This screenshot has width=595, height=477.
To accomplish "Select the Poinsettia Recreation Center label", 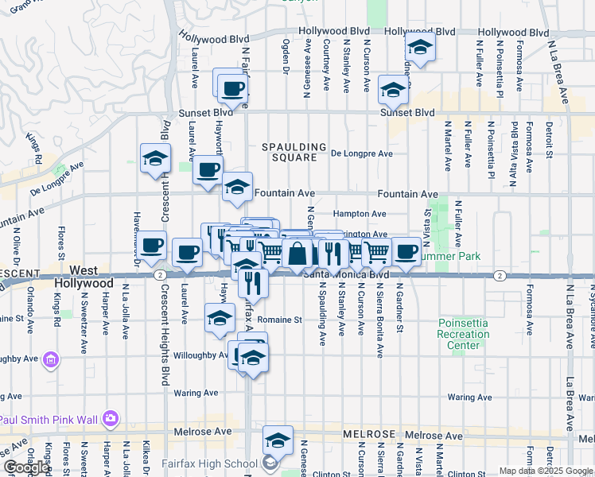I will click(x=465, y=334).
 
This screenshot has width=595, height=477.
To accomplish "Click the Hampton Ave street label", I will click(x=360, y=214).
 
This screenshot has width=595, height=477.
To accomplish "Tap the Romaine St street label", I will click(x=284, y=320).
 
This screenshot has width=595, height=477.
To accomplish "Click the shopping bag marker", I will click(x=297, y=255).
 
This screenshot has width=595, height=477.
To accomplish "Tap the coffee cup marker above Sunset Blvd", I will click(x=232, y=89).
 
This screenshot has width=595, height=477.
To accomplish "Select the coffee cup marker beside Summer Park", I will click(x=406, y=251).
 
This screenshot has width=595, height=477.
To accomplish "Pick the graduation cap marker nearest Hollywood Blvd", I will click(x=419, y=47).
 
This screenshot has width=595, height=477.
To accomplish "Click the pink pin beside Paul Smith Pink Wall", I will click(x=111, y=418).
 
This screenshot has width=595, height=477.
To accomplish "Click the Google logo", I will click(x=26, y=467).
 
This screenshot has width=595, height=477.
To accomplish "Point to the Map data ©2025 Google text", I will click(x=545, y=471).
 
